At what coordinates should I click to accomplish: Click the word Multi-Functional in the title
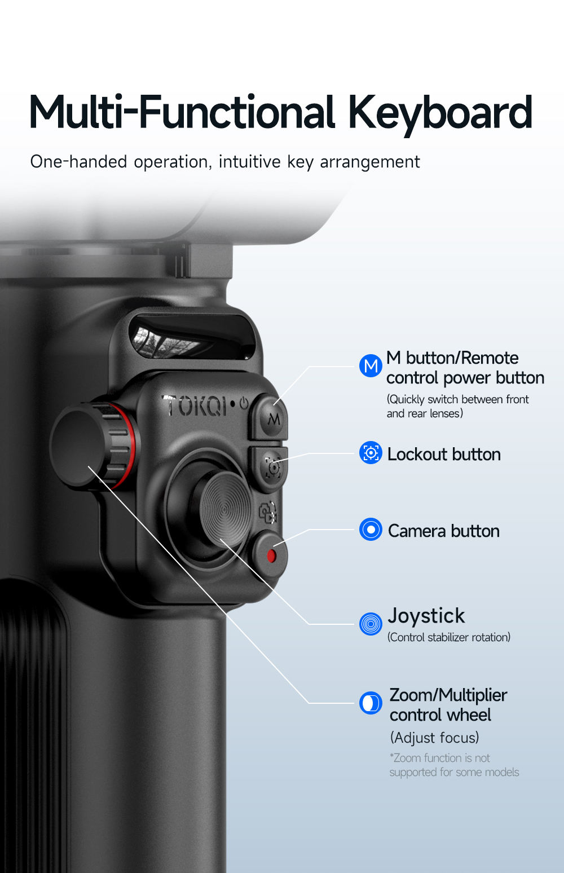pyautogui.click(x=182, y=112)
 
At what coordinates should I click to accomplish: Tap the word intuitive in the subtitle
pyautogui.click(x=249, y=161)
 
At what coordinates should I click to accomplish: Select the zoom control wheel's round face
pyautogui.click(x=77, y=446)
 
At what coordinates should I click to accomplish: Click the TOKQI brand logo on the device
pyautogui.click(x=193, y=405)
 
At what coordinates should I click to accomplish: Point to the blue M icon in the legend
pyautogui.click(x=371, y=365)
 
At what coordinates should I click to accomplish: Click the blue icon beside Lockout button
pyautogui.click(x=371, y=453)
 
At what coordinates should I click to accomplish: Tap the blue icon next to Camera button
pyautogui.click(x=371, y=529)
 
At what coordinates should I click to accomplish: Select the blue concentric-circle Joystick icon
pyautogui.click(x=371, y=624)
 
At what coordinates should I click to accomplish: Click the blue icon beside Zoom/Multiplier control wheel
pyautogui.click(x=371, y=703)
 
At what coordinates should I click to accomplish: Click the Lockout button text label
pyautogui.click(x=444, y=455)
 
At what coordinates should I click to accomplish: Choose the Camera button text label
pyautogui.click(x=443, y=531)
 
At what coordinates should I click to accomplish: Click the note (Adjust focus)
pyautogui.click(x=435, y=738)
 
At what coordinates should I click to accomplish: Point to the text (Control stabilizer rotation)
pyautogui.click(x=448, y=637)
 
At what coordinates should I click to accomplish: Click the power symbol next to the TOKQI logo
pyautogui.click(x=244, y=403)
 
